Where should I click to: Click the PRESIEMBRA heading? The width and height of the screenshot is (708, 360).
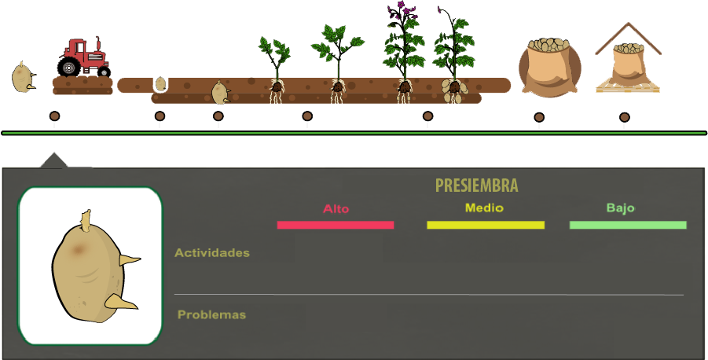pyautogui.click(x=476, y=186)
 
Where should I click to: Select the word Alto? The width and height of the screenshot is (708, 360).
pyautogui.click(x=336, y=209)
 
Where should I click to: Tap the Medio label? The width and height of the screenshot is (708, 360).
pyautogui.click(x=484, y=208)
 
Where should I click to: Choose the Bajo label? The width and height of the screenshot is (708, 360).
pyautogui.click(x=620, y=208)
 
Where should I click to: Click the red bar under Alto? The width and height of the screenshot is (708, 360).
pyautogui.click(x=336, y=225)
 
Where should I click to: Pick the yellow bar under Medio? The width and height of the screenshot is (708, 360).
pyautogui.click(x=485, y=225)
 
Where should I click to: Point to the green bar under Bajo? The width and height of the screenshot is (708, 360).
pyautogui.click(x=628, y=225)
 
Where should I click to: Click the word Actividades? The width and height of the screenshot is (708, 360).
pyautogui.click(x=212, y=252)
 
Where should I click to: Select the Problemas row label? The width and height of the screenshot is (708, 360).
pyautogui.click(x=211, y=314)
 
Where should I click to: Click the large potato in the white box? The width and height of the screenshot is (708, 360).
pyautogui.click(x=88, y=271)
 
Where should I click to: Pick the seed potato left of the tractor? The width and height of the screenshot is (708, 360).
pyautogui.click(x=23, y=77)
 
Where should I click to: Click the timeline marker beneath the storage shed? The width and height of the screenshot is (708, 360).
pyautogui.click(x=624, y=118)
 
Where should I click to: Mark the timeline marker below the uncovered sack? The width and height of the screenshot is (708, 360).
pyautogui.click(x=539, y=118)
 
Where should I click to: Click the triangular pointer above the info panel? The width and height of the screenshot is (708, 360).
pyautogui.click(x=53, y=160)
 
